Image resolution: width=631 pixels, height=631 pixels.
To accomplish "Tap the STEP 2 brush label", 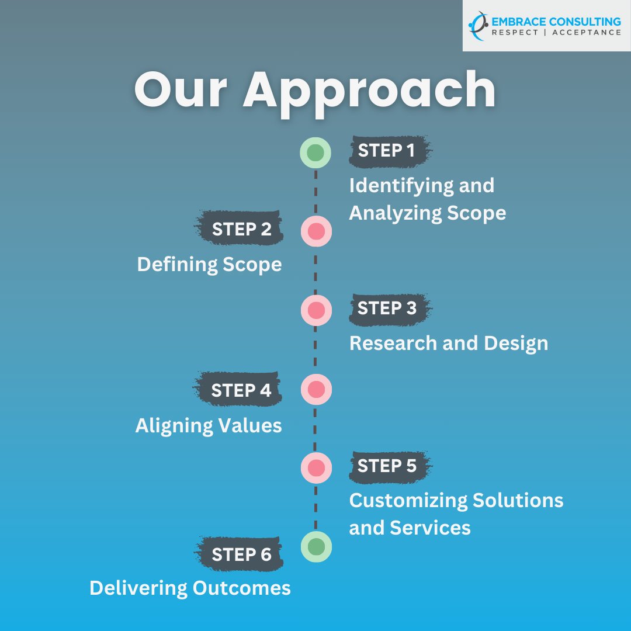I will (241, 229).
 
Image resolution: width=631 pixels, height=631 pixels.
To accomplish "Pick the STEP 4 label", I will (241, 390).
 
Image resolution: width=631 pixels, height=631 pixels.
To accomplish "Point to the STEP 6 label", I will (241, 554).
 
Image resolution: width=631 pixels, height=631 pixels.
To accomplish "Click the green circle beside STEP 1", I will (315, 153).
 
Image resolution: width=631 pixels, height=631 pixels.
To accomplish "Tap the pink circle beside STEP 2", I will (316, 231).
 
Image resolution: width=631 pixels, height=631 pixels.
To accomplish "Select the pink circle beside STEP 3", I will (316, 310).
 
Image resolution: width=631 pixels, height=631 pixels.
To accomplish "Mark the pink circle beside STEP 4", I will (316, 390).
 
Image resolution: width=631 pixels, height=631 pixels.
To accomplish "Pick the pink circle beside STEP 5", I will (316, 467).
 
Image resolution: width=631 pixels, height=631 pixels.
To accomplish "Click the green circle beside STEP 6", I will (316, 546).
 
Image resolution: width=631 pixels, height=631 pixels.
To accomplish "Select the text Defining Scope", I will (209, 265).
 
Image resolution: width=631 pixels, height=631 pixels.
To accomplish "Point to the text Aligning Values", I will (209, 425).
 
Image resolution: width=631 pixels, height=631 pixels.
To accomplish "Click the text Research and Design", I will (449, 343).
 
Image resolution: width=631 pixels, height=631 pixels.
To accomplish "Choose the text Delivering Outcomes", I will (190, 588).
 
